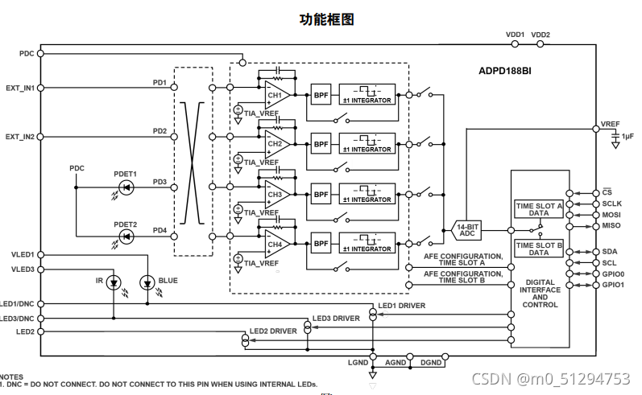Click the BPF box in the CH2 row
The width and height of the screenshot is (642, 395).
pyautogui.click(x=321, y=144)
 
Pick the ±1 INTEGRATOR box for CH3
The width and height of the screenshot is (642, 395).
pyautogui.click(x=367, y=194)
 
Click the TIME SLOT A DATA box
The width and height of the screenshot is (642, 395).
pyautogui.click(x=538, y=209)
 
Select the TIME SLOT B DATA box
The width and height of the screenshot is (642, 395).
pyautogui.click(x=538, y=249)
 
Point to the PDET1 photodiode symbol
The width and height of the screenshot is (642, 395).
pyautogui.click(x=126, y=187)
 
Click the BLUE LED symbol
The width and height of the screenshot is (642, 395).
pyautogui.click(x=147, y=282)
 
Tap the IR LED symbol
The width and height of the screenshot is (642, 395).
pyautogui.click(x=113, y=282)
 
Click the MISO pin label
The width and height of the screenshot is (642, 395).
pyautogui.click(x=611, y=226)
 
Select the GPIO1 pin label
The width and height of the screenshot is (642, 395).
pyautogui.click(x=613, y=285)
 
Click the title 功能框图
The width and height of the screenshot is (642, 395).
pyautogui.click(x=327, y=19)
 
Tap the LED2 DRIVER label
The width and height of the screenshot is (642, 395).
pyautogui.click(x=272, y=331)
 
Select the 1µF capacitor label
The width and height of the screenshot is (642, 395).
pyautogui.click(x=628, y=137)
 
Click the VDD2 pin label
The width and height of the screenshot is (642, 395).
pyautogui.click(x=541, y=35)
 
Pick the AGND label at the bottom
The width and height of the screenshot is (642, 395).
pyautogui.click(x=396, y=364)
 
